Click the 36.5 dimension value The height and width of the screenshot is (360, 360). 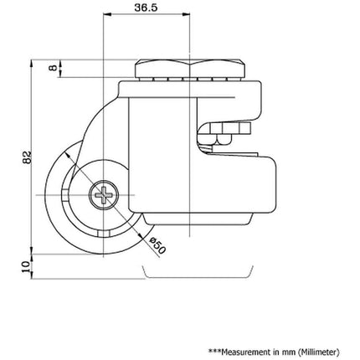[x=146, y=8]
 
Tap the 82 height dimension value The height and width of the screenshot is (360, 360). [x=27, y=157]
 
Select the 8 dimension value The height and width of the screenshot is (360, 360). [x=54, y=67]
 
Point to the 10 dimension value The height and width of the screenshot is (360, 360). [x=26, y=266]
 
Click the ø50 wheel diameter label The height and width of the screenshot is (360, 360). [x=157, y=245]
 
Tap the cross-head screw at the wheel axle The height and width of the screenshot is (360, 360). [x=104, y=195]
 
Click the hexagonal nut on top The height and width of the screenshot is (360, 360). [x=190, y=69]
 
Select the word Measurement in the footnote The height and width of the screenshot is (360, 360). [x=246, y=352]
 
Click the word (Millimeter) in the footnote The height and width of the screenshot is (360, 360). [x=319, y=352]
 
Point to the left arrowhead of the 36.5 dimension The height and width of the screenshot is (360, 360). [x=107, y=13]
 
